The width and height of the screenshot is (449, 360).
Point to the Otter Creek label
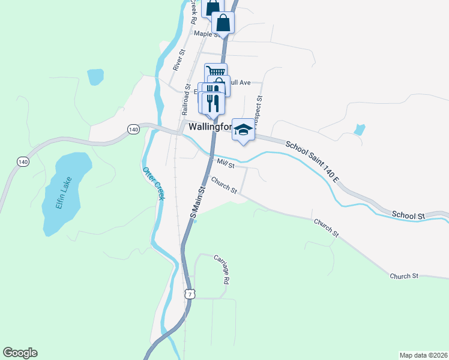(153, 182)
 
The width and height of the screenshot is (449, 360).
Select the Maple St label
(205, 34)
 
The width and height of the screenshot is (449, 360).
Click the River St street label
(178, 61)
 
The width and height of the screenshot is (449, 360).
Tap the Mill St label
(226, 163)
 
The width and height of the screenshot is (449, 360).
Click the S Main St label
(197, 202)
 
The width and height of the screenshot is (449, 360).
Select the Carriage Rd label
(221, 269)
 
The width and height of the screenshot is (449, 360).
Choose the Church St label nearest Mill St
(224, 185)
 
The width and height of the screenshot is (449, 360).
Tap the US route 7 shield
(190, 294)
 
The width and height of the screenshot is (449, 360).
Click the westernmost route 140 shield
(23, 161)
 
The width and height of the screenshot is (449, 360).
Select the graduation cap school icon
(243, 130)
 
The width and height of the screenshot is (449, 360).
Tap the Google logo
(20, 353)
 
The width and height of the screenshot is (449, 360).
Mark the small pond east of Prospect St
(360, 129)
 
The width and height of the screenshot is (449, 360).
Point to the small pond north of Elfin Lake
(95, 77)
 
